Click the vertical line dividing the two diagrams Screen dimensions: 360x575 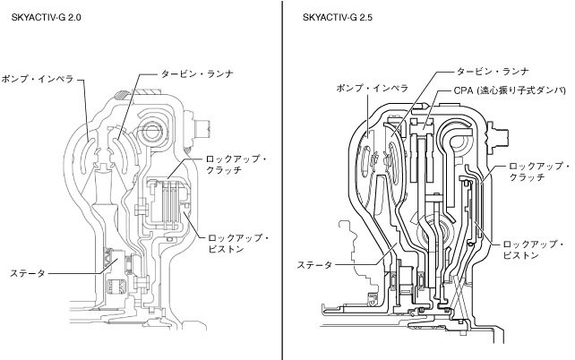point(283,179)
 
